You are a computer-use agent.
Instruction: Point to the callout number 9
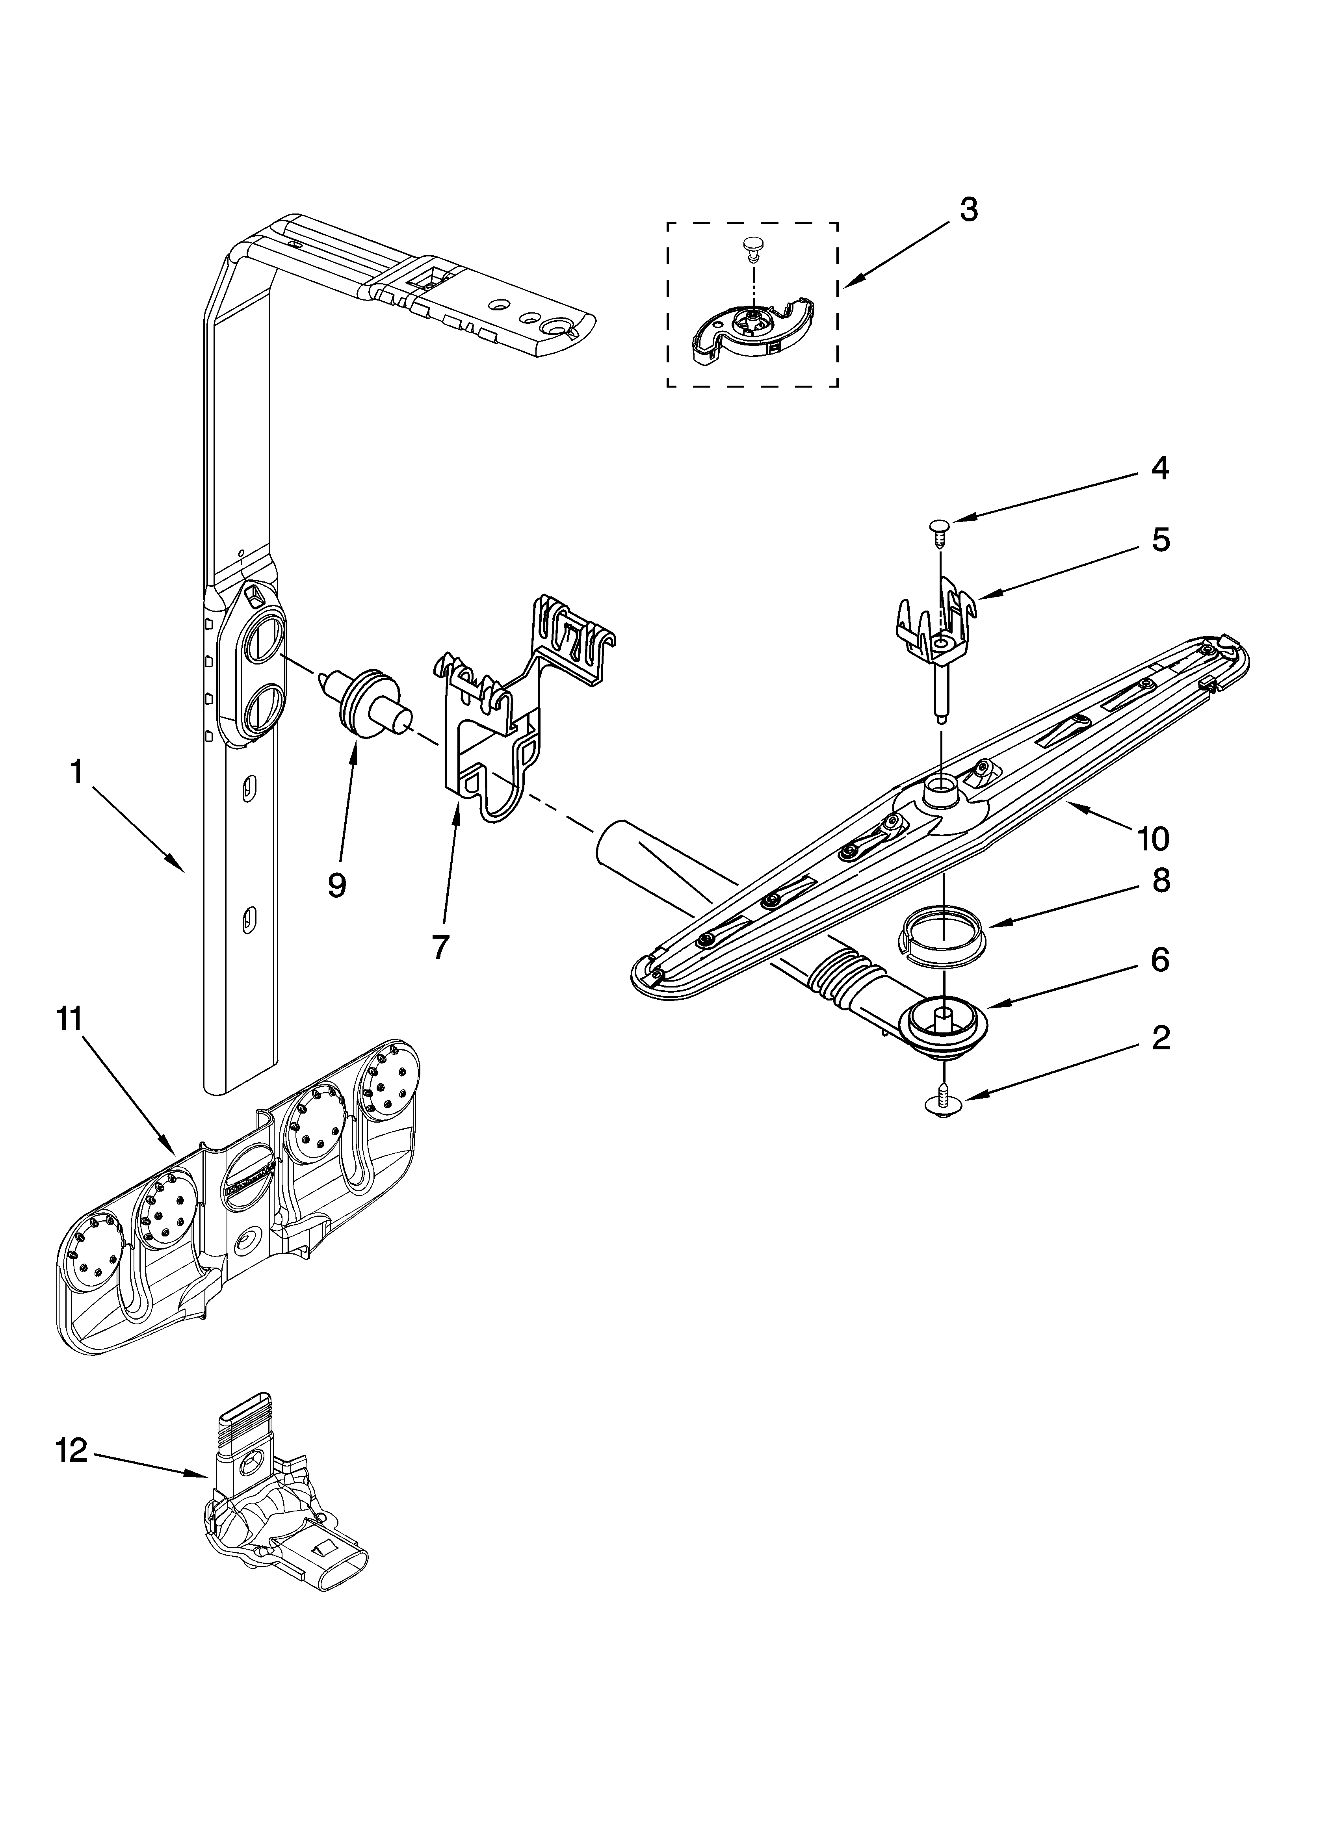(x=336, y=885)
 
